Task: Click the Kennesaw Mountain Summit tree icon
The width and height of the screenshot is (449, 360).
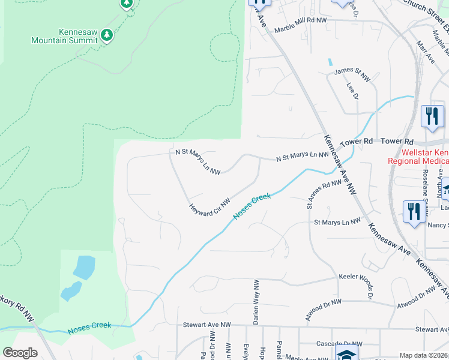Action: tap(107, 35)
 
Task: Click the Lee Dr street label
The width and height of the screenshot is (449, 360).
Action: tap(352, 91)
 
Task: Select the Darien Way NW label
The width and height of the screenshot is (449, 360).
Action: tap(256, 302)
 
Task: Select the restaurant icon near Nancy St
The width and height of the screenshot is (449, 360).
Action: tap(414, 212)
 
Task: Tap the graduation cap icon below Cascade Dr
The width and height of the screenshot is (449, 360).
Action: tap(346, 354)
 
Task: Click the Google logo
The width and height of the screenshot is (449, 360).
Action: tap(20, 353)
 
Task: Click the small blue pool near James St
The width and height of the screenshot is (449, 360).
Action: tap(330, 62)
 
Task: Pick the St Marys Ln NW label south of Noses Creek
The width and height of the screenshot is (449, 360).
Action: tap(338, 221)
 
